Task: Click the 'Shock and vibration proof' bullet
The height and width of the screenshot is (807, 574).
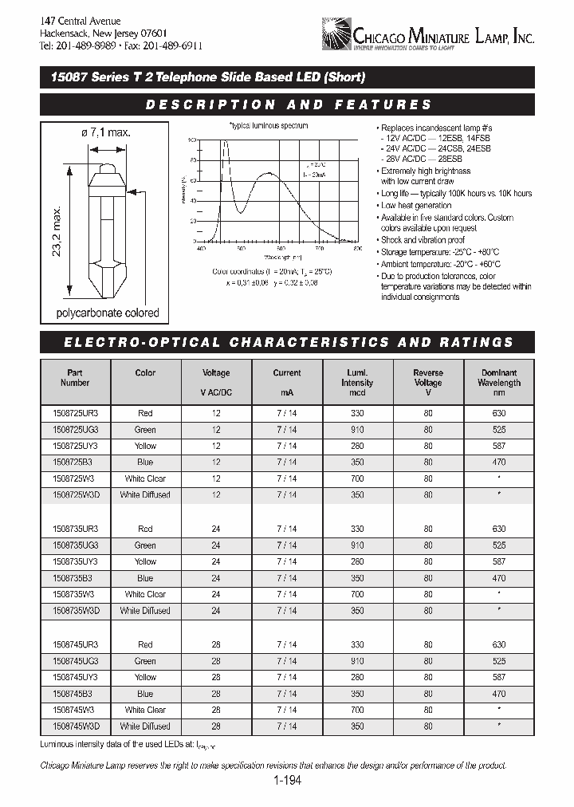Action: click(423, 240)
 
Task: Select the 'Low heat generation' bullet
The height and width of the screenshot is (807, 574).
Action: click(417, 206)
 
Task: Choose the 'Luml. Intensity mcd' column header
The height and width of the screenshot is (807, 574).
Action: click(356, 382)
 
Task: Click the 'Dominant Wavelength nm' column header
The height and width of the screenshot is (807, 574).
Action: click(500, 382)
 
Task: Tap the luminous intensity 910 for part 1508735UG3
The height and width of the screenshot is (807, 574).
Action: click(356, 545)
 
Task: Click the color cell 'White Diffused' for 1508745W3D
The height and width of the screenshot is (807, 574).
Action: click(145, 726)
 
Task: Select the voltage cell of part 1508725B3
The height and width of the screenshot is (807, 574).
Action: click(216, 463)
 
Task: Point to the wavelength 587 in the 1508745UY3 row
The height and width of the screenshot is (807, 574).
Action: click(500, 677)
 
